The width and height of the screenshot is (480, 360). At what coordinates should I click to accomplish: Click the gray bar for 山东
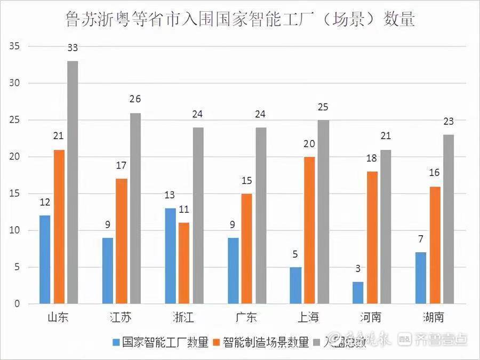73,182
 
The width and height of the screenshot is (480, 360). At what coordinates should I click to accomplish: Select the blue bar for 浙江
171,256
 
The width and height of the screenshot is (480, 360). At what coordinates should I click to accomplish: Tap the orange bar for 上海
309,230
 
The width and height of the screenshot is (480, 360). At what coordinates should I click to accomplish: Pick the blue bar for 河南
358,293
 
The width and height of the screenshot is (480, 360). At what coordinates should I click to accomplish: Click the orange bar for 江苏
121,241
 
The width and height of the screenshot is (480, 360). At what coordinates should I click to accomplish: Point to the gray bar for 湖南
448,219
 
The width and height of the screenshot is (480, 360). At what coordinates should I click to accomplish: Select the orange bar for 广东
246,249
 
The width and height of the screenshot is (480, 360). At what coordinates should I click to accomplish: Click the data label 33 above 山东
73,48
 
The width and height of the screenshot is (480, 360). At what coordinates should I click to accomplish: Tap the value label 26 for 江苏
135,100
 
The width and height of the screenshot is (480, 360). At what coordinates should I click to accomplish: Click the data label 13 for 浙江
170,195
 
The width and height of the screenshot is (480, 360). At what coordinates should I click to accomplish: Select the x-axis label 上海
309,318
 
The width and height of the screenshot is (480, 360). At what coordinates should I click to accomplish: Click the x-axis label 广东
246,318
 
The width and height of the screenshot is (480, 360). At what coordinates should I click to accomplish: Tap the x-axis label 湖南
434,318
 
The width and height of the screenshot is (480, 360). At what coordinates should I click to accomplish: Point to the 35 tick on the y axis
14,46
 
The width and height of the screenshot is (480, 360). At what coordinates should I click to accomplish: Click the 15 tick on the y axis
14,194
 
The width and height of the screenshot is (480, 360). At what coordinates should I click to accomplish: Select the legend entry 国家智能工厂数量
160,342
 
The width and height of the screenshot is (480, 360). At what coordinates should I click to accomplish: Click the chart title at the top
240,20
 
